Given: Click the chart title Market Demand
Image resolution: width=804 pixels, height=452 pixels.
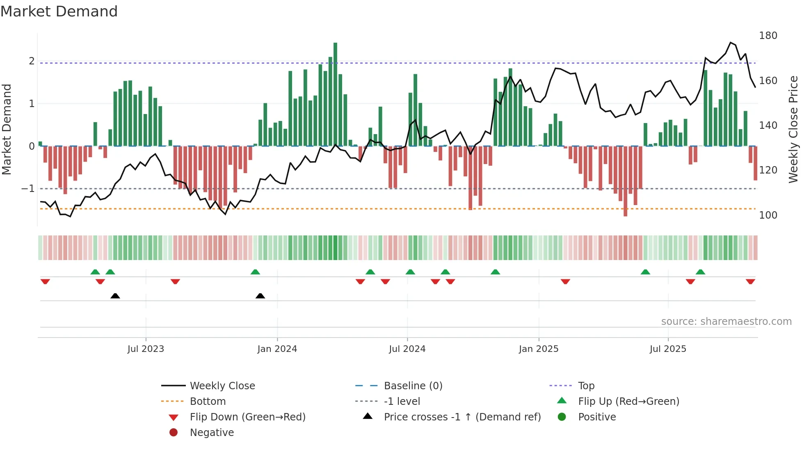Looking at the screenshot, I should pyautogui.click(x=59, y=11).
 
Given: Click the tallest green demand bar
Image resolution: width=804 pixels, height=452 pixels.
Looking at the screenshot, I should pyautogui.click(x=335, y=94).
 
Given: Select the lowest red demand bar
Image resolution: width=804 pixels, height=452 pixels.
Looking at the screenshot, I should pyautogui.click(x=625, y=180).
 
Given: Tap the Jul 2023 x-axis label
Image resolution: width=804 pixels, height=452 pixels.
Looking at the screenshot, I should pyautogui.click(x=146, y=349).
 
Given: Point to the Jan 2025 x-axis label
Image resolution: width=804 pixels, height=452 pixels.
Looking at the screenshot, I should pyautogui.click(x=538, y=349).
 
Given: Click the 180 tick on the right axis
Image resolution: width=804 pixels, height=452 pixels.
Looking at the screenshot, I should pyautogui.click(x=768, y=36).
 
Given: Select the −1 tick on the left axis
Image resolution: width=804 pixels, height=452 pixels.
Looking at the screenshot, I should pyautogui.click(x=28, y=189).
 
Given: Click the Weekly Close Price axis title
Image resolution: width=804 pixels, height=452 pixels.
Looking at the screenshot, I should pyautogui.click(x=793, y=129).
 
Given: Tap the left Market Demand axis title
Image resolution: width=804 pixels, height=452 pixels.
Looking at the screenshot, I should pyautogui.click(x=7, y=129).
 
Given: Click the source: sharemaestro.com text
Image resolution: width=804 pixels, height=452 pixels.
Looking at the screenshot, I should pyautogui.click(x=726, y=321).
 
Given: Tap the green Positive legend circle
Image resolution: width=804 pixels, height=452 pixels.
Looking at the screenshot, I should pyautogui.click(x=562, y=417).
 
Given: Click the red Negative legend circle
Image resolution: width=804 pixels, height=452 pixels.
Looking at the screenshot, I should pyautogui.click(x=174, y=432).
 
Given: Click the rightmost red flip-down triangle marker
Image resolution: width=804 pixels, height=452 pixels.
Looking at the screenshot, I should pyautogui.click(x=750, y=281).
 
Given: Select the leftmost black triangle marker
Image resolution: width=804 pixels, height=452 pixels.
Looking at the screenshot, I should pyautogui.click(x=115, y=296).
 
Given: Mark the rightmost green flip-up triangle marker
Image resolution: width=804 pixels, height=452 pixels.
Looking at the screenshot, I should pyautogui.click(x=700, y=272).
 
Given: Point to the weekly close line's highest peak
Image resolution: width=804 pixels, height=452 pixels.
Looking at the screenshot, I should pyautogui.click(x=731, y=43).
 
